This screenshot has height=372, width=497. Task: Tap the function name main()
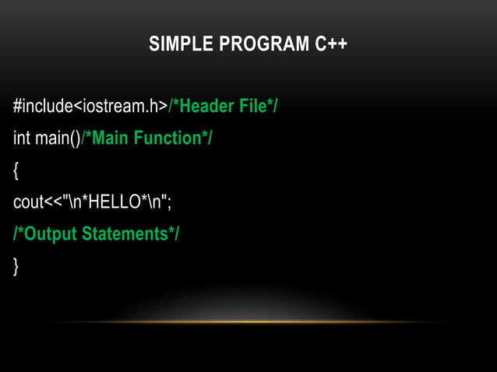(57, 139)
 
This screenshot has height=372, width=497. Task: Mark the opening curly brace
(16, 170)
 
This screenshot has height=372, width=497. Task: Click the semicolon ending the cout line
(169, 202)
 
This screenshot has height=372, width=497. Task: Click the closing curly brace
(16, 266)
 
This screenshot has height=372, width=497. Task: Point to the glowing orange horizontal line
(248, 321)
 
